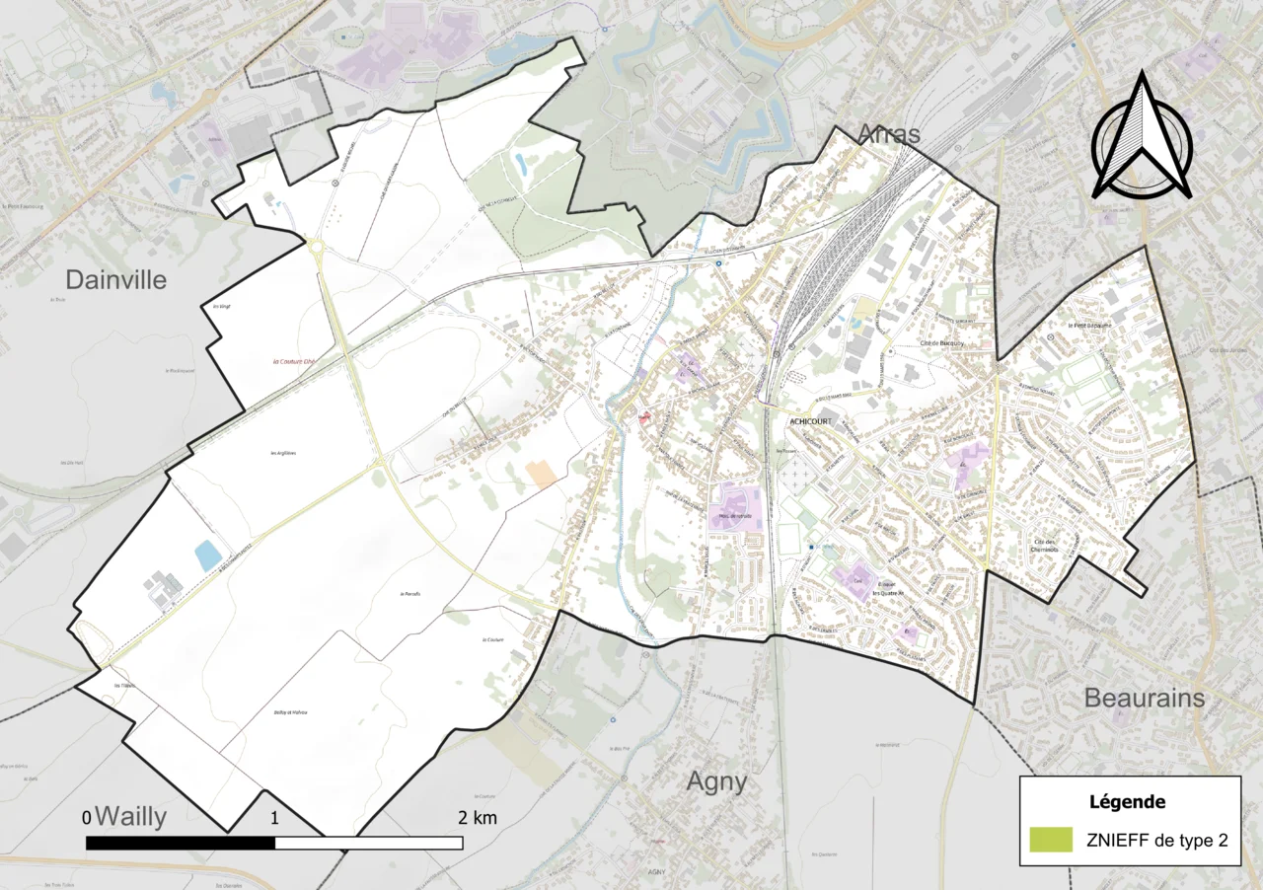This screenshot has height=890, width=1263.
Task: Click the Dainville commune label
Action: point(116,279)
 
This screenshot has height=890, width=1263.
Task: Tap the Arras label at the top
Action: point(888,133)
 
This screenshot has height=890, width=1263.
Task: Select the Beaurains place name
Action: point(1145,698)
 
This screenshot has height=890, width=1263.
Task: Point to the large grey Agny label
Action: point(716,782)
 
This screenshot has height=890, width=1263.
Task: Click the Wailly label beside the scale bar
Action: point(131,817)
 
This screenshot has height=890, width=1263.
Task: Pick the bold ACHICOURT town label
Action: point(812,421)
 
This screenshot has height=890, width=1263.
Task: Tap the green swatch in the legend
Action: point(1050,840)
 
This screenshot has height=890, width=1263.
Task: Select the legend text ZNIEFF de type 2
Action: point(1156,841)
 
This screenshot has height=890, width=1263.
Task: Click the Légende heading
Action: point(1128,802)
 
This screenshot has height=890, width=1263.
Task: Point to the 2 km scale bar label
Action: point(478,818)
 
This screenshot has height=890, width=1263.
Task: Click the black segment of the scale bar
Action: point(181,843)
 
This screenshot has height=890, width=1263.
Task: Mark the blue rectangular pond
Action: point(208,556)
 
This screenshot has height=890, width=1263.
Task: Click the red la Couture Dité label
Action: point(293,361)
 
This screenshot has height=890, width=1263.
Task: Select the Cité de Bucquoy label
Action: point(941,342)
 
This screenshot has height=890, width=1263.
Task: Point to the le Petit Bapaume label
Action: point(1090,325)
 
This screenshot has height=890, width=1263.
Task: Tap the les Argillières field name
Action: point(283,453)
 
